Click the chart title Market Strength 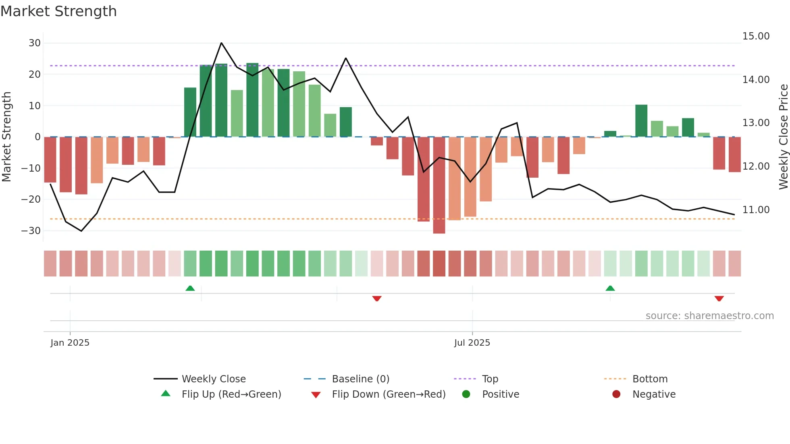pyautogui.click(x=58, y=11)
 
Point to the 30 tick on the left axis pyautogui.click(x=35, y=43)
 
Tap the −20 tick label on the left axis pyautogui.click(x=31, y=199)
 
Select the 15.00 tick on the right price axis pyautogui.click(x=756, y=36)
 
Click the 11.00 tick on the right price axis pyautogui.click(x=756, y=210)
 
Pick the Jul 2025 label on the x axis pyautogui.click(x=472, y=343)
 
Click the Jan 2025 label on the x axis pyautogui.click(x=70, y=343)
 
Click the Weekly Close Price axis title pyautogui.click(x=783, y=137)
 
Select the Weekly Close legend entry pyautogui.click(x=213, y=379)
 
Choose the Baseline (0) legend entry pyautogui.click(x=360, y=379)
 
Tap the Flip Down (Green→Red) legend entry pyautogui.click(x=389, y=394)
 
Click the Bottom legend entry pyautogui.click(x=650, y=379)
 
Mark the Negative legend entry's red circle pyautogui.click(x=616, y=394)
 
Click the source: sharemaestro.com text pyautogui.click(x=709, y=316)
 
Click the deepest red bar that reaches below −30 pyautogui.click(x=439, y=185)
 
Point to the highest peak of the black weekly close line pyautogui.click(x=221, y=43)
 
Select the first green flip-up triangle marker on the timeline pyautogui.click(x=190, y=288)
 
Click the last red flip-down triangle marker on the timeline pyautogui.click(x=719, y=299)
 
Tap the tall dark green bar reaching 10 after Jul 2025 pyautogui.click(x=641, y=121)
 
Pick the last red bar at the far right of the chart pyautogui.click(x=734, y=155)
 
